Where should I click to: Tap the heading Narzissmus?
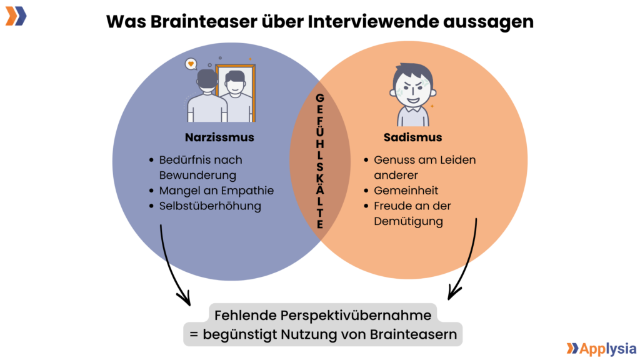tap(219, 137)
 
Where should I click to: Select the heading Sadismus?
tap(412, 137)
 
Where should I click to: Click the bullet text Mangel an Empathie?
tap(216, 191)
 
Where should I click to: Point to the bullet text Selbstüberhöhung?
tap(210, 206)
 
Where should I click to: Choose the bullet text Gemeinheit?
tap(406, 191)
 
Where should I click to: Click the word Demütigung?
tap(409, 222)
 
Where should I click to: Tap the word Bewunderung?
tap(197, 176)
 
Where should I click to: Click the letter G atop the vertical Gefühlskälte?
tap(320, 98)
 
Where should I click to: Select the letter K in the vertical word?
tap(320, 179)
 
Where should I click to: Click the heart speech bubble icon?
tap(191, 64)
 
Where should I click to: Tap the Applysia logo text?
tap(607, 349)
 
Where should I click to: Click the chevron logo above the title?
tap(16, 16)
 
